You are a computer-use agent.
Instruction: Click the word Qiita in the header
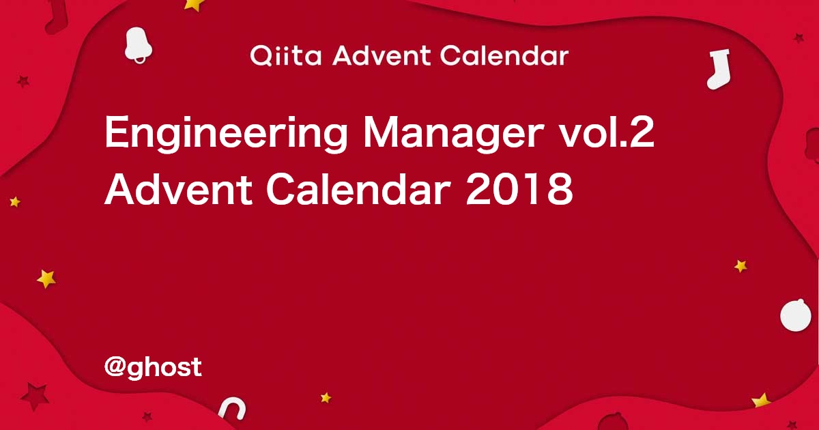coord(285,56)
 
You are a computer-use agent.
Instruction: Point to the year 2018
coord(519,190)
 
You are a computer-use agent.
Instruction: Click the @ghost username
coord(153,367)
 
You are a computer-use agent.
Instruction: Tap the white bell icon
coord(138,44)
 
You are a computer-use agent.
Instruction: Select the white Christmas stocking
coord(719,70)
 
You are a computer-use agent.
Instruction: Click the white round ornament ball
coord(796,315)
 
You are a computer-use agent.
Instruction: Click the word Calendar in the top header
coord(504,56)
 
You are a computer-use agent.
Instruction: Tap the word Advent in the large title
coord(179,190)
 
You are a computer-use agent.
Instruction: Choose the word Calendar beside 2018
coord(358,190)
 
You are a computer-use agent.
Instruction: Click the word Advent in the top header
coord(382,56)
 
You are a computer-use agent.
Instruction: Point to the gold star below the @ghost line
coord(326,398)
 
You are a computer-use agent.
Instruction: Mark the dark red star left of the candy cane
coord(147,416)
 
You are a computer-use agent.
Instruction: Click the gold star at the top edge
coord(194,5)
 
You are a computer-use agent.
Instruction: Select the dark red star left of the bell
coord(23,81)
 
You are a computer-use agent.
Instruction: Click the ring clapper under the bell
coord(140,59)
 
